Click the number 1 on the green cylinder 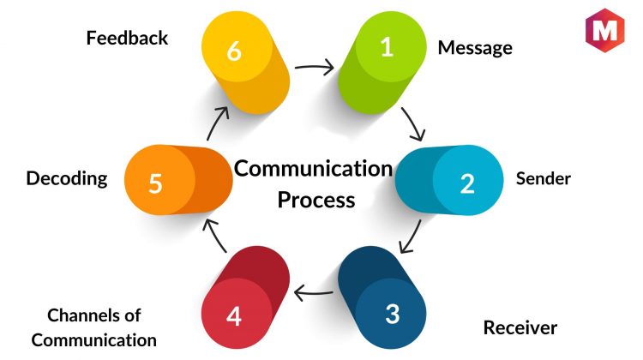tap(387, 47)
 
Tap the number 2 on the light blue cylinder tap(467, 183)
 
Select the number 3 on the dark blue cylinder tap(392, 314)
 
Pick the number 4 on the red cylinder tap(234, 316)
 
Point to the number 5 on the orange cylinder tap(155, 183)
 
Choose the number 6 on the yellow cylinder tap(234, 51)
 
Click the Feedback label tap(127, 38)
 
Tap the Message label tap(475, 48)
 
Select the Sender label tap(544, 179)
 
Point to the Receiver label tap(520, 328)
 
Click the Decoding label tap(67, 179)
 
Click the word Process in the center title tap(316, 200)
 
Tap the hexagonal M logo tap(605, 30)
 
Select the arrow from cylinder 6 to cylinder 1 tap(315, 66)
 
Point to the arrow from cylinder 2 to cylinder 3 tap(412, 237)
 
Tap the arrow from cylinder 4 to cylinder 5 tap(215, 236)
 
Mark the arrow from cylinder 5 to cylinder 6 tap(218, 123)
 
